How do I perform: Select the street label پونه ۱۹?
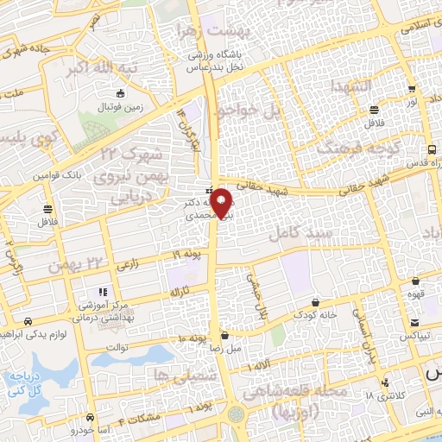(x=183, y=256)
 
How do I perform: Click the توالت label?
(x=117, y=347)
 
